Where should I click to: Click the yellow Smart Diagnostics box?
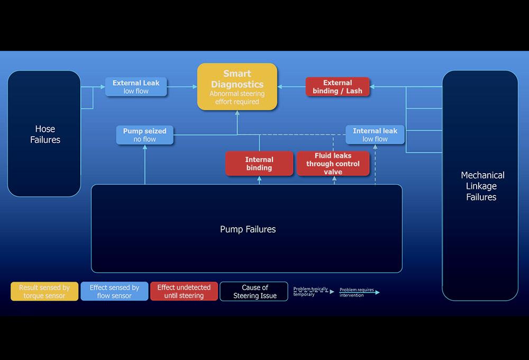coord(237,86)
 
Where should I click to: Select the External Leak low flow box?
coord(136,87)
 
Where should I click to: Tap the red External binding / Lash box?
coord(338,87)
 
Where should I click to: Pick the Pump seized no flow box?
coord(144,135)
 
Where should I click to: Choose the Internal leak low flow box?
coord(375,135)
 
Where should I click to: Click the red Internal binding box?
coord(259,164)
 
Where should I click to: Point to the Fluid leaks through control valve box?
coord(333,164)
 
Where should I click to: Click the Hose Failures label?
coord(45,134)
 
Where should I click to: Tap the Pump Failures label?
coord(248,229)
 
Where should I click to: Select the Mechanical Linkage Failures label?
coord(482,186)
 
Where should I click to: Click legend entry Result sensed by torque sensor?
coord(44,292)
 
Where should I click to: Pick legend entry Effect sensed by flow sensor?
coord(114,292)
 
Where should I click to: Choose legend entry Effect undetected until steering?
coord(184,292)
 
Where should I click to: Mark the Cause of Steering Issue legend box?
coord(254,292)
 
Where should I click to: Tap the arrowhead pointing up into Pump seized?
coord(144,147)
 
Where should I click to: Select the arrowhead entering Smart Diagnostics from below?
coord(237,113)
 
